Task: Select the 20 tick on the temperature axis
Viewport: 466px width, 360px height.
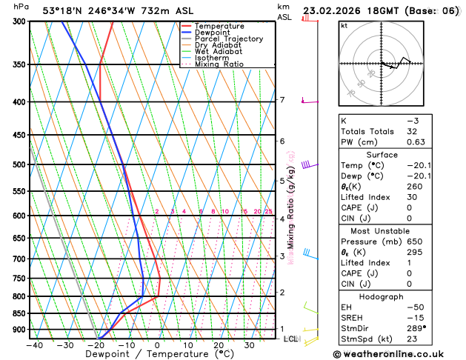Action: point(219,345)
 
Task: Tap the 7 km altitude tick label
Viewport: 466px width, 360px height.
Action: point(282,100)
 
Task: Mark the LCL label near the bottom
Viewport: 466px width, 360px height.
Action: point(291,339)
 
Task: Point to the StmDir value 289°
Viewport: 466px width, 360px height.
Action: point(416,327)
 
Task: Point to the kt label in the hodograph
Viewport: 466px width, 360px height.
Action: point(344,26)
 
